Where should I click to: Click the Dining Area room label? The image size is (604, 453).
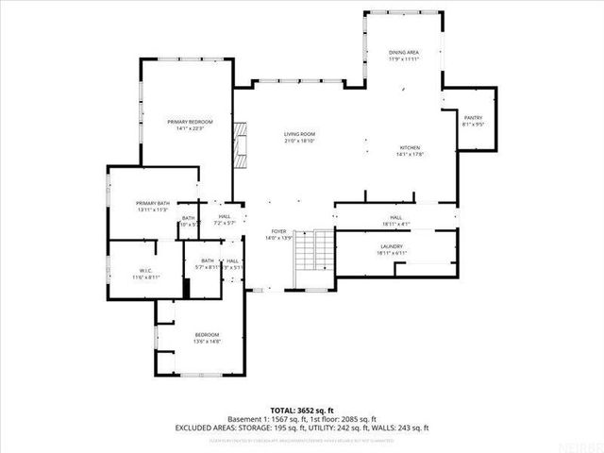pyautogui.click(x=404, y=52)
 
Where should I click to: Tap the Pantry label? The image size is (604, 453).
pyautogui.click(x=473, y=117)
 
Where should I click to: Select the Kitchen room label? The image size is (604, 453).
pyautogui.click(x=410, y=148)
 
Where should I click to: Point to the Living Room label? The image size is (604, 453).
pyautogui.click(x=299, y=134)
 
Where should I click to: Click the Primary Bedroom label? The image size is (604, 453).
pyautogui.click(x=190, y=122)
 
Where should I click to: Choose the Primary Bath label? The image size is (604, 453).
pyautogui.click(x=152, y=203)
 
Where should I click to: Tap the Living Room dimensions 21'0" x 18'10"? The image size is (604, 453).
pyautogui.click(x=299, y=141)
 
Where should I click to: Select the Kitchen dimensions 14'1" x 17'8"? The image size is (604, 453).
pyautogui.click(x=410, y=155)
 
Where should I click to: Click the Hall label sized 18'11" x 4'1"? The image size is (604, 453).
pyautogui.click(x=396, y=218)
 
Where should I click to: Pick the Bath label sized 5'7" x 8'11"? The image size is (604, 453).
pyautogui.click(x=208, y=261)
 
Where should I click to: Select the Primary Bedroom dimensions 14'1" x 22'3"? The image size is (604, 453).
pyautogui.click(x=190, y=128)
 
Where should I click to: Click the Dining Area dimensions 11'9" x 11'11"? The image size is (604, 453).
pyautogui.click(x=404, y=59)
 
